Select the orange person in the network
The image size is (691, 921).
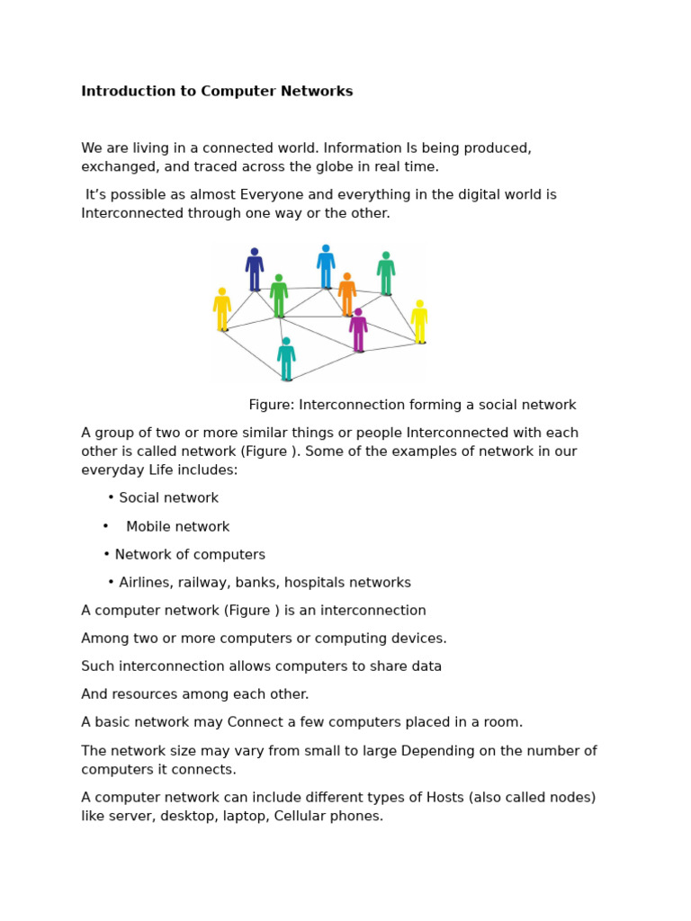[x=346, y=294]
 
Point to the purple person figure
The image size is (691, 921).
[x=358, y=331]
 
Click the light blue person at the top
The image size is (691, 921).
[x=326, y=267]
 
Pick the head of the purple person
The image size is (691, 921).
[x=358, y=313]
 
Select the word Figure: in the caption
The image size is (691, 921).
[x=272, y=405]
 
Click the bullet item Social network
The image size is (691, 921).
[x=168, y=498]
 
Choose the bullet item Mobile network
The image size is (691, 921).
[x=177, y=527]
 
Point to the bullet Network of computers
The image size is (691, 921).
[x=190, y=555]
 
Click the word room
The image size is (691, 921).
[x=503, y=722]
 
